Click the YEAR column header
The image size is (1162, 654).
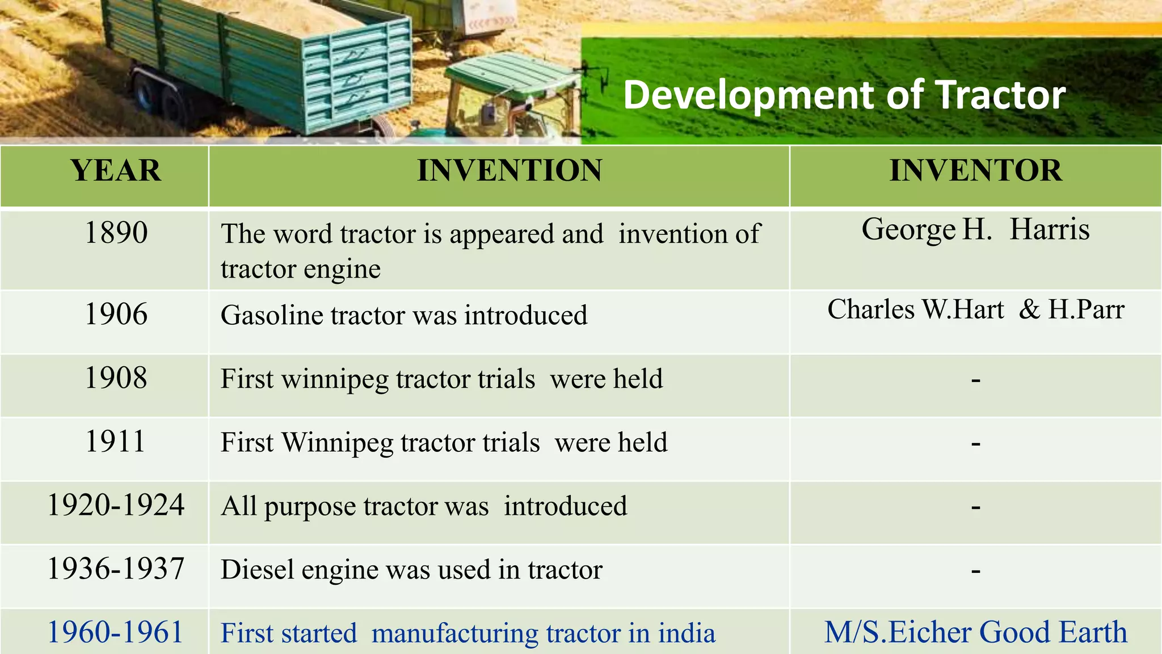pos(116,171)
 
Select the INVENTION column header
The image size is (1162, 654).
pos(510,171)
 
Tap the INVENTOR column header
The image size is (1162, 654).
pos(975,171)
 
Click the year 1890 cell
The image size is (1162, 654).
pos(116,233)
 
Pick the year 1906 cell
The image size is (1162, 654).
pos(116,315)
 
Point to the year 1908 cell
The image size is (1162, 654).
pos(116,378)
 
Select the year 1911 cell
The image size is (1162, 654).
pos(116,442)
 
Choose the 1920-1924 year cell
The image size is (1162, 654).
pos(116,505)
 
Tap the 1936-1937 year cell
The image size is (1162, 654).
pos(116,569)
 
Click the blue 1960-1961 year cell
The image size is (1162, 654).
pos(116,632)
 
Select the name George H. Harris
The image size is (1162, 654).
pos(975,230)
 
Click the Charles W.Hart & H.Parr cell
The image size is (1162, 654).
pos(975,310)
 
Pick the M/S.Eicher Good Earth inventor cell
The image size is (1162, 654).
pos(975,632)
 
